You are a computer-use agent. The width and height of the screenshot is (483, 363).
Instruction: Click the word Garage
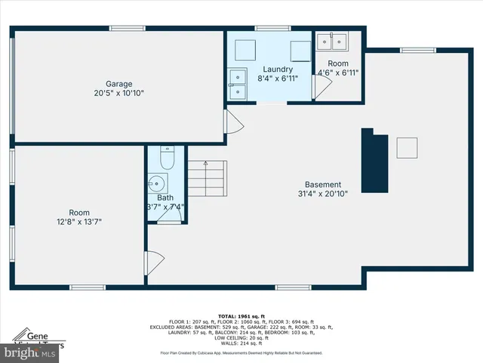(118, 84)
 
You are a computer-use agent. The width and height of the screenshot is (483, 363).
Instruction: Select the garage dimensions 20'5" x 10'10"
(118, 94)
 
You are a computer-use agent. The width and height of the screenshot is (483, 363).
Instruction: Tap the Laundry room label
(278, 68)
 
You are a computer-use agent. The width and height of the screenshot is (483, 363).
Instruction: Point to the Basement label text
(323, 185)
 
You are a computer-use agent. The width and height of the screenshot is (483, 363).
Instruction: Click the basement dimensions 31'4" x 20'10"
(323, 194)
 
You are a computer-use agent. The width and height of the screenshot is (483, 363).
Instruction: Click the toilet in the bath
(168, 157)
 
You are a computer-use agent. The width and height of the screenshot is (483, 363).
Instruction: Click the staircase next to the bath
(206, 179)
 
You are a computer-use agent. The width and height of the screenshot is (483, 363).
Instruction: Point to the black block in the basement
(374, 161)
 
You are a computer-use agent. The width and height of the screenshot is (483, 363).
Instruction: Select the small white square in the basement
(408, 147)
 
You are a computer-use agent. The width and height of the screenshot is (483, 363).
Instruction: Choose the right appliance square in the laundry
(300, 48)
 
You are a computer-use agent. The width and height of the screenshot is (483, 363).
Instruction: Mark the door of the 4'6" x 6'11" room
(321, 85)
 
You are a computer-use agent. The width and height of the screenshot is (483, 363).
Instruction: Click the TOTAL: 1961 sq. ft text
(241, 315)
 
